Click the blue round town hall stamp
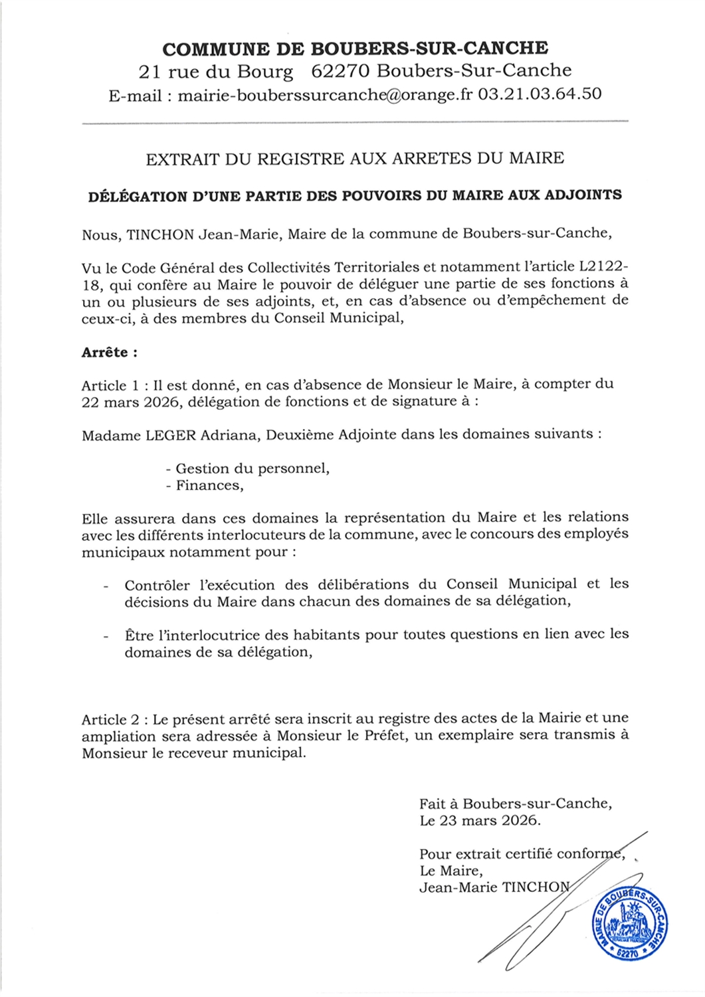[x=629, y=924]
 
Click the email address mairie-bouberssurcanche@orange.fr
[x=326, y=94]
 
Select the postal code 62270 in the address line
[x=336, y=70]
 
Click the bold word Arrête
[x=105, y=352]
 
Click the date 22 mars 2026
[x=130, y=401]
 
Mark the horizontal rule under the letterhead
[x=354, y=122]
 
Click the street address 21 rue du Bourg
[x=216, y=70]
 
